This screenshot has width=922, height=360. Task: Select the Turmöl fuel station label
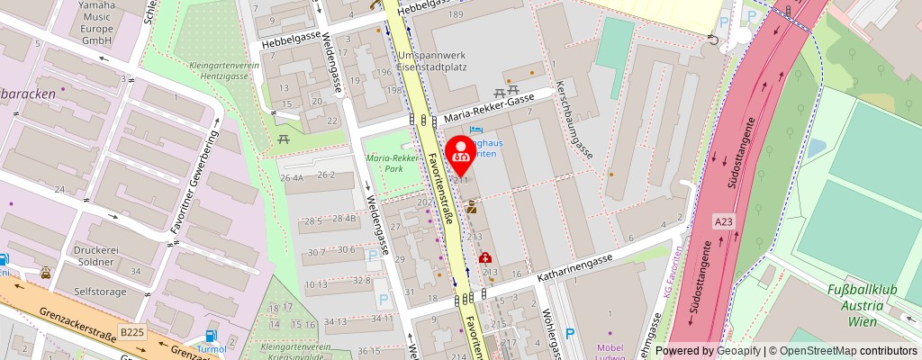[x=212, y=348]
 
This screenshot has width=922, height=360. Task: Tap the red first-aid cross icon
[x=485, y=257]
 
